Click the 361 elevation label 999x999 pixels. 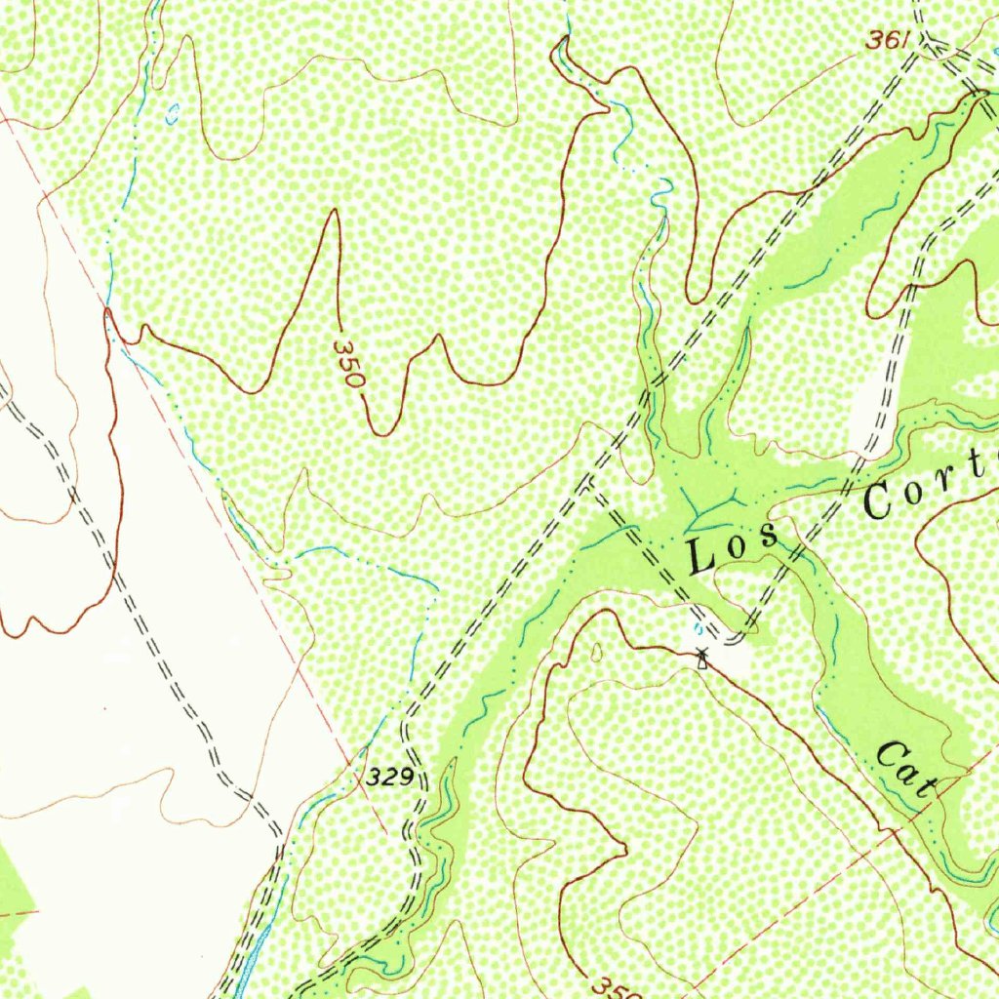click(x=887, y=40)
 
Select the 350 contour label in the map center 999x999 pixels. click(x=347, y=364)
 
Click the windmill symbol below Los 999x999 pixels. click(x=700, y=659)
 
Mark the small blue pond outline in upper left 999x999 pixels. click(x=173, y=114)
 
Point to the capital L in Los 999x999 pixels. click(x=700, y=557)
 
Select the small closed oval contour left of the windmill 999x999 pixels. click(x=597, y=651)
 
